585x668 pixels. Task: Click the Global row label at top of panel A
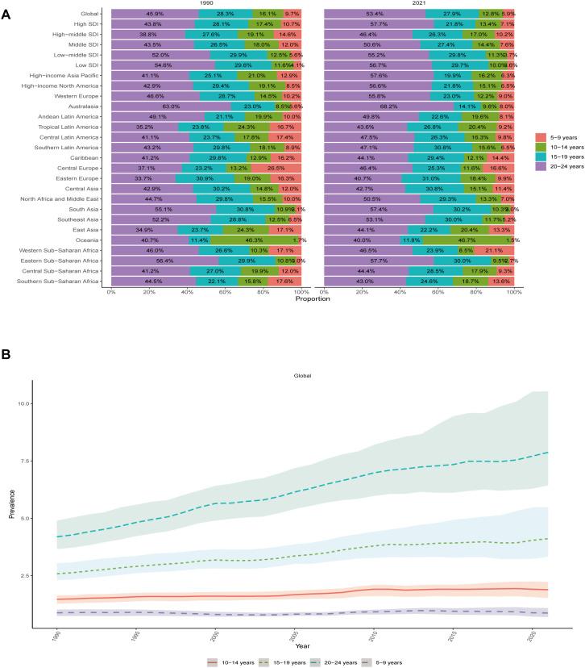tap(90, 14)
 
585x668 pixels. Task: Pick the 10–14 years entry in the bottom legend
tap(227, 662)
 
